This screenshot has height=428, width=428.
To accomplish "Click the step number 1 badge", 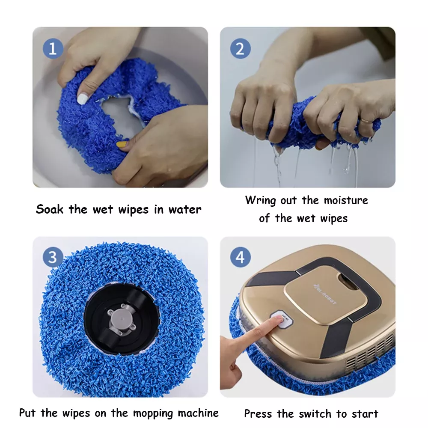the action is pyautogui.click(x=53, y=49).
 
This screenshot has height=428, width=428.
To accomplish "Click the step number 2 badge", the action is pyautogui.click(x=240, y=49).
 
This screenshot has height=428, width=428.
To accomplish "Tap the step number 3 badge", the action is pyautogui.click(x=53, y=257).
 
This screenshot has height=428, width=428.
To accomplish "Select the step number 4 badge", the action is pyautogui.click(x=240, y=257).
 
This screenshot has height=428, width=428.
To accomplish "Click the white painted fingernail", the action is pyautogui.click(x=82, y=99).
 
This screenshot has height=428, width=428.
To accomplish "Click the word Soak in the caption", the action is pyautogui.click(x=50, y=209).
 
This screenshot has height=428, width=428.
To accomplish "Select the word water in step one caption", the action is pyautogui.click(x=185, y=210).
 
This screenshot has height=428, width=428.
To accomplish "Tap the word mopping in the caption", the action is pyautogui.click(x=153, y=413).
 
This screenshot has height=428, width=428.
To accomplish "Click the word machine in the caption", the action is pyautogui.click(x=198, y=413).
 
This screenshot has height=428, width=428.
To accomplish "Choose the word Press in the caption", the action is pyautogui.click(x=258, y=414).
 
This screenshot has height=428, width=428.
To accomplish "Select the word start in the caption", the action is pyautogui.click(x=365, y=414).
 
